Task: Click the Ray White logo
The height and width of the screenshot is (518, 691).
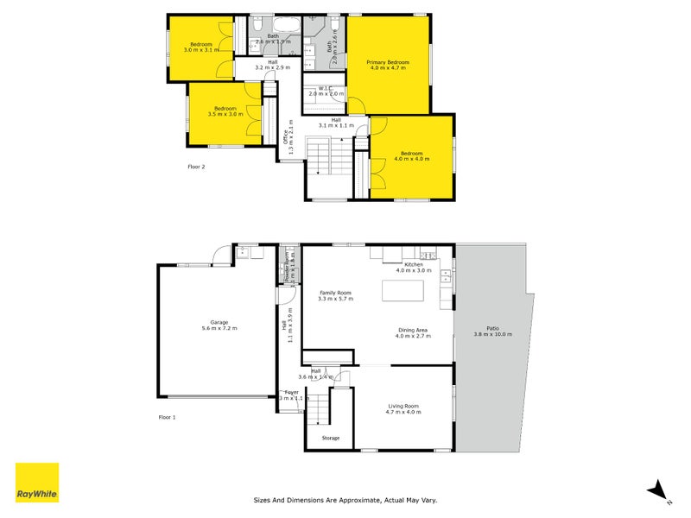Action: [x=37, y=483]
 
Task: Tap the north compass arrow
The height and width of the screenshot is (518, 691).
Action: [x=659, y=489]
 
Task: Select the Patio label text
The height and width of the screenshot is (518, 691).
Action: [x=492, y=331]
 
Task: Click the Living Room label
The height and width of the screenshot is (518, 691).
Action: [x=403, y=408]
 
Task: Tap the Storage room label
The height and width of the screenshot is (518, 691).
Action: [x=331, y=438]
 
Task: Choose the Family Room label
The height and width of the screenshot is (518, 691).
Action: [x=335, y=295]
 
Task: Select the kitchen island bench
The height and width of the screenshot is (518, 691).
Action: [x=403, y=292]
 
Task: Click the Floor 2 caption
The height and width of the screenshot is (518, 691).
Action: [x=197, y=166]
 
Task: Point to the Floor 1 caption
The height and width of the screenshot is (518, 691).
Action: [x=167, y=417]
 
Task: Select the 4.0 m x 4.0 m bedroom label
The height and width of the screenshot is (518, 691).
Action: [x=411, y=156]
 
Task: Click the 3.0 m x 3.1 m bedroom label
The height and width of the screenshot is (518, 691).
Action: [x=201, y=47]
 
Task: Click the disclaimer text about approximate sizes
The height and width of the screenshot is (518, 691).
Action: [x=345, y=499]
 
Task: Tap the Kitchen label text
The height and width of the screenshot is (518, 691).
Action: [x=413, y=268]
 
